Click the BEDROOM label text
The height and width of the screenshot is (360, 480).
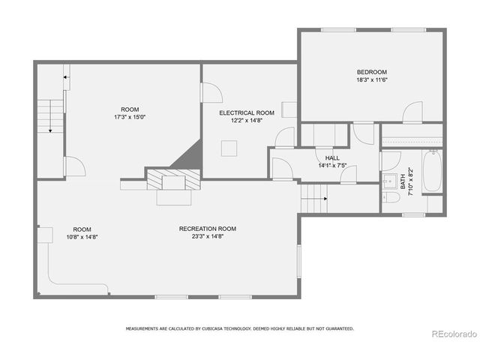[x=372, y=73]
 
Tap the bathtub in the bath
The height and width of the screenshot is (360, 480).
[x=433, y=173]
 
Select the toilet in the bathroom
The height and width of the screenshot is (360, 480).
[x=391, y=199]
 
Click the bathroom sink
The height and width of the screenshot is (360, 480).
[x=391, y=181]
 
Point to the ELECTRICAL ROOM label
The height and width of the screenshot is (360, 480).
[x=247, y=112]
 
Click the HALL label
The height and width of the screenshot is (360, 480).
[x=332, y=158]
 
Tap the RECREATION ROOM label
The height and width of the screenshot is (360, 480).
[x=208, y=229]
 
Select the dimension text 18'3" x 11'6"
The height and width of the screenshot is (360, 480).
[x=372, y=80]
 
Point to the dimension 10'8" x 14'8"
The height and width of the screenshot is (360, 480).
[x=82, y=236]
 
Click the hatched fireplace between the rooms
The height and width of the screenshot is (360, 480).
[x=174, y=180]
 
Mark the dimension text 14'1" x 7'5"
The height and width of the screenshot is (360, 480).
[x=332, y=165]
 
